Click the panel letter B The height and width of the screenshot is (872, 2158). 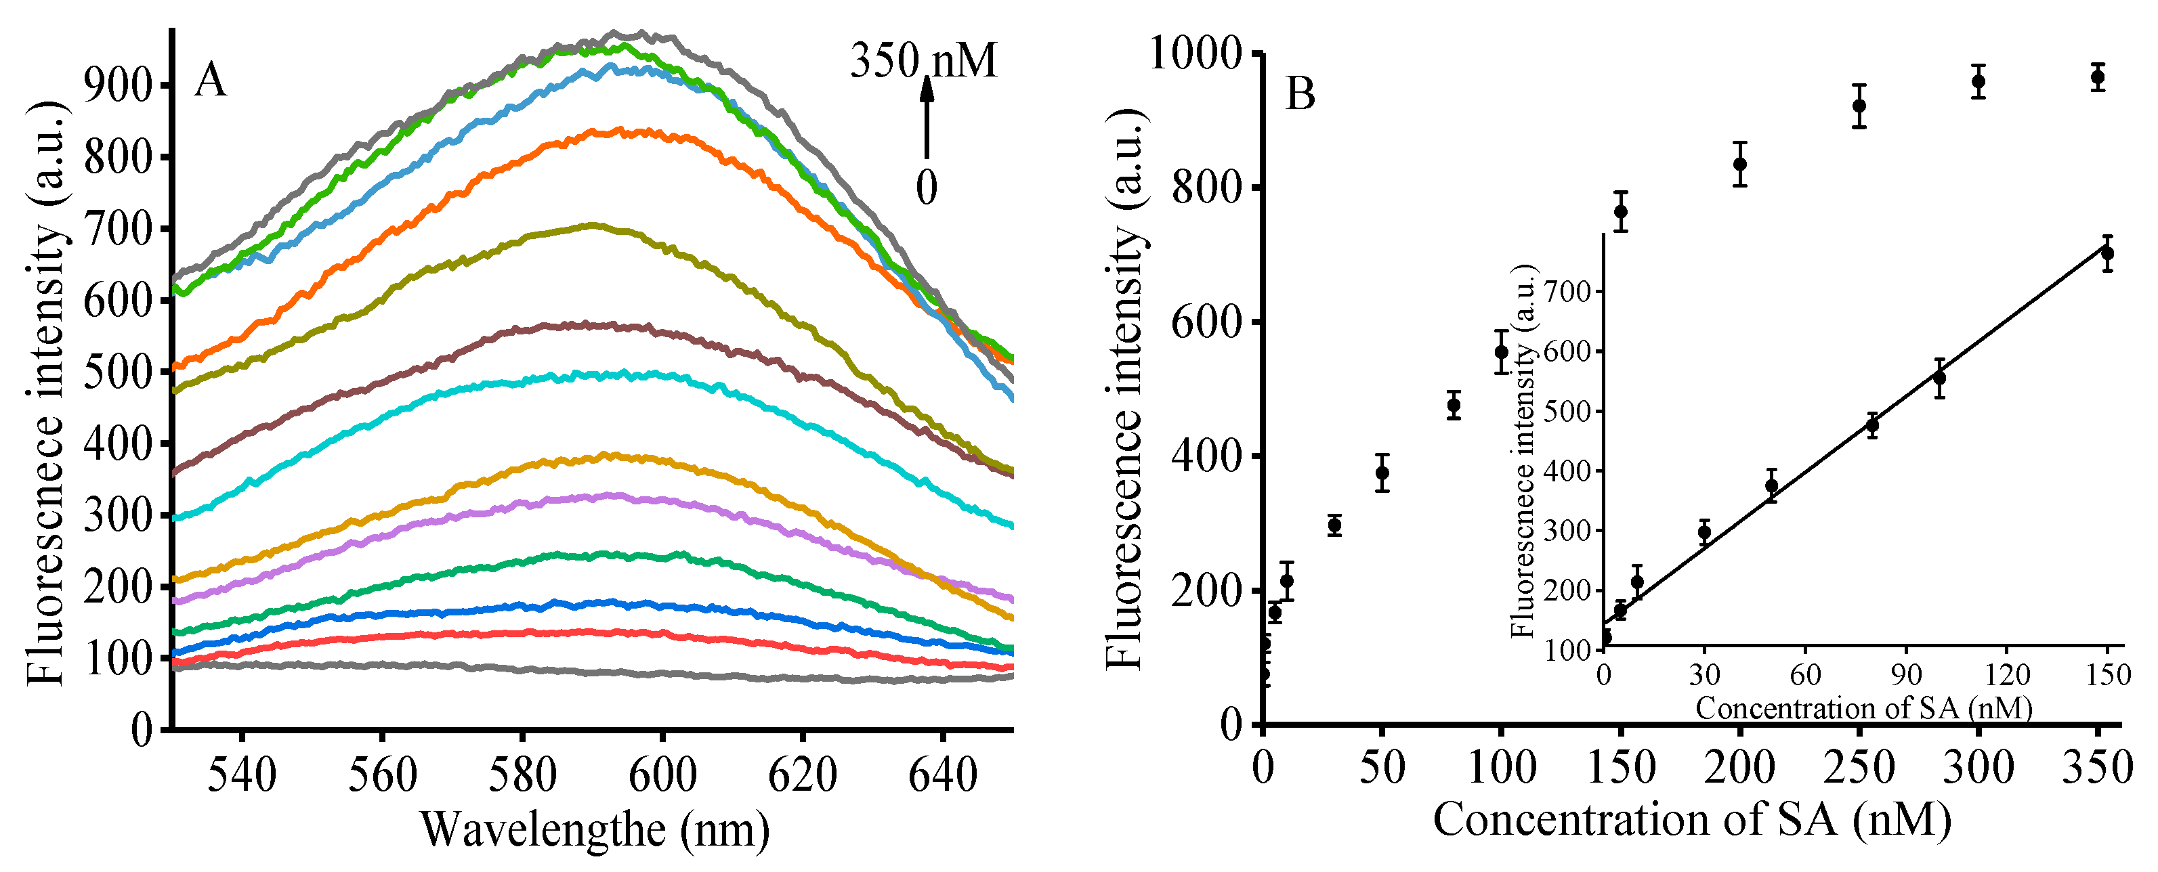1300,94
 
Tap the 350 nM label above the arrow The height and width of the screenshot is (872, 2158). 923,60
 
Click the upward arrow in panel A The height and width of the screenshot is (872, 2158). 927,117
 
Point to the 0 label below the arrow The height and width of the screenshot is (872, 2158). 927,187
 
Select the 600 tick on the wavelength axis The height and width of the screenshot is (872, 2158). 662,774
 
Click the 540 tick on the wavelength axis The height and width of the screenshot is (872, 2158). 241,774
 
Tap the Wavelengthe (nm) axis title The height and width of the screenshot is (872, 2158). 595,829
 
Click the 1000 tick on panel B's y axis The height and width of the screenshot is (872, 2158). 1193,53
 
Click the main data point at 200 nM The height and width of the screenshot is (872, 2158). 1740,163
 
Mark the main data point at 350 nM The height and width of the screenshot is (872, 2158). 2098,77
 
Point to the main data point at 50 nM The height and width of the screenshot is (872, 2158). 1382,473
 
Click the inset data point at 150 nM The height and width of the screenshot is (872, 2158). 2107,253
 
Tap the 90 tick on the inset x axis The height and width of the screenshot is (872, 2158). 1907,674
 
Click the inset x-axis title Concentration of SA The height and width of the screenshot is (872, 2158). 1863,709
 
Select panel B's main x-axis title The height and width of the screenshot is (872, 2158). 1692,819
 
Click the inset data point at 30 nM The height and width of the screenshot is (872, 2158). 1704,532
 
